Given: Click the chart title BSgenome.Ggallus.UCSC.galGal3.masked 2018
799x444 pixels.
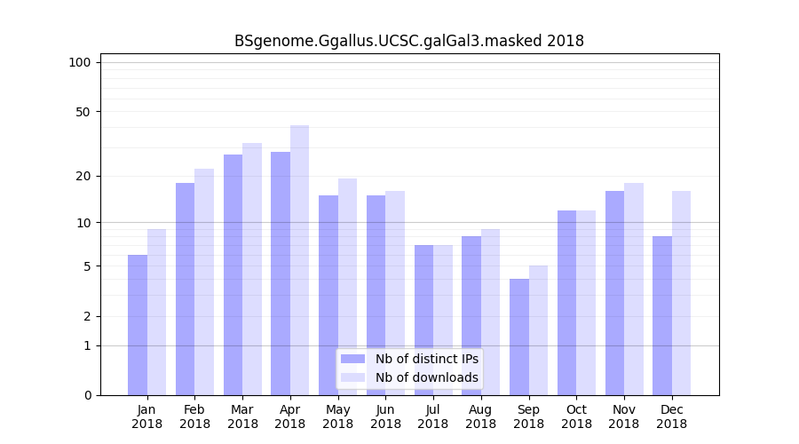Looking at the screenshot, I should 408,41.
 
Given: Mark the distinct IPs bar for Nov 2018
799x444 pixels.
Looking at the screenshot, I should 614,293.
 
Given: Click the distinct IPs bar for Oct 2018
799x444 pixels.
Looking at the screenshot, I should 566,303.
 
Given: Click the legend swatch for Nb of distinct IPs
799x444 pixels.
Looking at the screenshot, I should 353,359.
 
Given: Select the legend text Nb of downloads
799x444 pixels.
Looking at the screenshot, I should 426,377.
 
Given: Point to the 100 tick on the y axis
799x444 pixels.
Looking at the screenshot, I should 80,62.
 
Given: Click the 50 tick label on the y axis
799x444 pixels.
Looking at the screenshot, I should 83,112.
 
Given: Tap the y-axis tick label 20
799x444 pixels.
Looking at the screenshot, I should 83,176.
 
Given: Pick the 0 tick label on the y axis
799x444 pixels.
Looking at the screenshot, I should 87,395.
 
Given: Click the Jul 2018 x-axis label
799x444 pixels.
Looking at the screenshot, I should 433,416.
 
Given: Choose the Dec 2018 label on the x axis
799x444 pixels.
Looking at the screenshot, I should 671,416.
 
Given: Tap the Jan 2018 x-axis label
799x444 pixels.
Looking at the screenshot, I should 147,416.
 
